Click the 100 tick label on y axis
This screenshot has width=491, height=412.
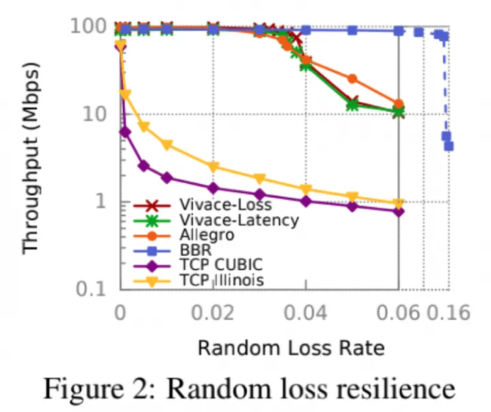pyautogui.click(x=87, y=28)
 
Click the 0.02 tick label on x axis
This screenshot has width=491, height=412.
pyautogui.click(x=213, y=313)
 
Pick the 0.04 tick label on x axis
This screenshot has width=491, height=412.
pyautogui.click(x=306, y=313)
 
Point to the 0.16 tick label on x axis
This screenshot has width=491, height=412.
pyautogui.click(x=448, y=313)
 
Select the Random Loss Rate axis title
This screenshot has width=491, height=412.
pyautogui.click(x=291, y=348)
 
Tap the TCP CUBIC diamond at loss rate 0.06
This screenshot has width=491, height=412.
pyautogui.click(x=399, y=211)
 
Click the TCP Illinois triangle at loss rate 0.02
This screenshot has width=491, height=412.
pyautogui.click(x=213, y=166)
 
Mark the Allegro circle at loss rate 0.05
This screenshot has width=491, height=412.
pyautogui.click(x=353, y=79)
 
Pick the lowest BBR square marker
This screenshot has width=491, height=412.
pyautogui.click(x=449, y=146)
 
